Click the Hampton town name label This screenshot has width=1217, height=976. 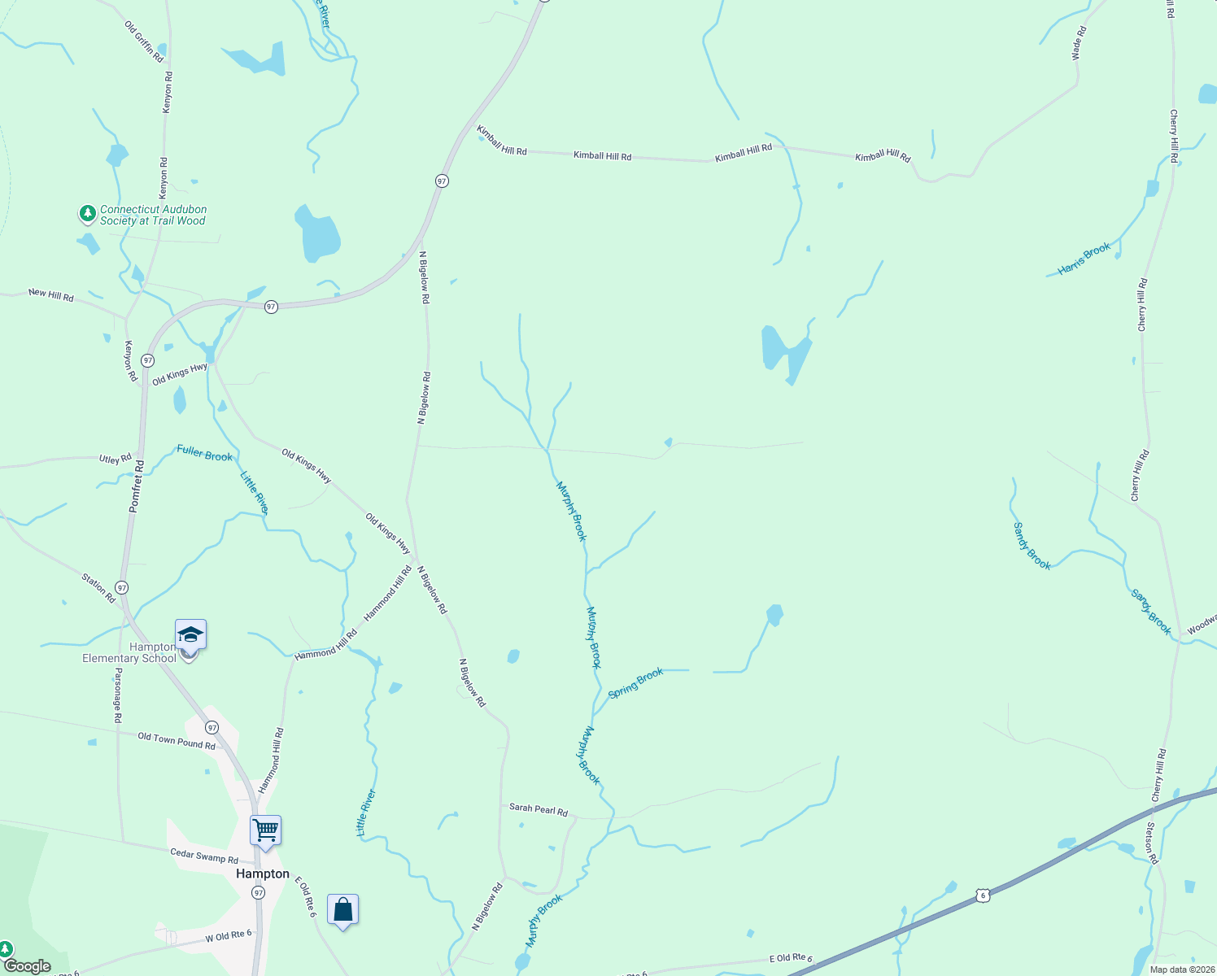[x=262, y=874]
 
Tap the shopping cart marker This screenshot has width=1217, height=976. [x=265, y=831]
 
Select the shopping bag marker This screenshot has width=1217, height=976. [x=342, y=909]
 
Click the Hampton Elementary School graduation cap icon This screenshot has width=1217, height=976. [x=190, y=634]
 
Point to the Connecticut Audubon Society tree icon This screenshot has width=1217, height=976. [x=87, y=214]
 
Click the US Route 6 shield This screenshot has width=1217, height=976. [x=983, y=895]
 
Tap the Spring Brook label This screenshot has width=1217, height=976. [x=635, y=683]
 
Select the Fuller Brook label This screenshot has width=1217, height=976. [x=205, y=454]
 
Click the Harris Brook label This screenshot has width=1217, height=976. [x=1084, y=259]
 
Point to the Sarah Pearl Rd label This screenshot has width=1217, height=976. [x=538, y=809]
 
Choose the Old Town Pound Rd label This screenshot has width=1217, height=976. [x=177, y=741]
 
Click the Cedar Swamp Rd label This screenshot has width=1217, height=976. [x=204, y=856]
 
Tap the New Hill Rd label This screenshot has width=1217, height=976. [x=51, y=294]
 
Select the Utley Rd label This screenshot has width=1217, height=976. [x=115, y=460]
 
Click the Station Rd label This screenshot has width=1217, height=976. [x=98, y=587]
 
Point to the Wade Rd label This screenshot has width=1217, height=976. [x=1079, y=44]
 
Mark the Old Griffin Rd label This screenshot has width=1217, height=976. [x=144, y=41]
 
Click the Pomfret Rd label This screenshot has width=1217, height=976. [x=136, y=486]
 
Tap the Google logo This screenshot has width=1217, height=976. [x=28, y=966]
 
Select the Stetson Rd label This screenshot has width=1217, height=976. [x=1151, y=843]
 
